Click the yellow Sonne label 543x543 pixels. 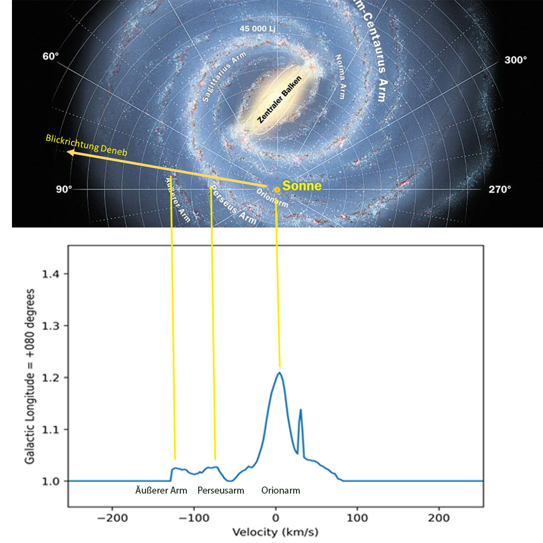tap(302, 186)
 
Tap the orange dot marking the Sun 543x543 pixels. tap(277, 190)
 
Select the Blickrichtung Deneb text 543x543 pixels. tap(87, 145)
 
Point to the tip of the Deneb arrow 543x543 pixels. tap(68, 153)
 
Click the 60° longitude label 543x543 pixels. tap(49, 57)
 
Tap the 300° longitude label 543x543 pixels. tap(515, 60)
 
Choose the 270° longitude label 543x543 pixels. tap(500, 190)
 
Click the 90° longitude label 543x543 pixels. tap(64, 190)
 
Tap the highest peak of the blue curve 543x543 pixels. tap(279, 372)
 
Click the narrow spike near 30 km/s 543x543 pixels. tap(300, 410)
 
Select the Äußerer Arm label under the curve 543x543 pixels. tap(161, 490)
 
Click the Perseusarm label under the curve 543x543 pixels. tap(220, 490)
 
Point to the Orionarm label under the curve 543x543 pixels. tap(280, 490)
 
